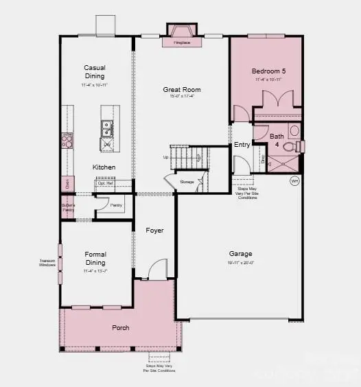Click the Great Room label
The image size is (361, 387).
182,90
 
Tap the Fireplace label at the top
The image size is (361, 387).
182,43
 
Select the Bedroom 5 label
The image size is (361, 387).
268,71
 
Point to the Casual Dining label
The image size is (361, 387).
95,72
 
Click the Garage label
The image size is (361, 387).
240,253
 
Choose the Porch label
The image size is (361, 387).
121,327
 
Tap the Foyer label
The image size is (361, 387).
155,231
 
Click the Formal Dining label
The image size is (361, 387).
95,258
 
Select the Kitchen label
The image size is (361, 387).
104,167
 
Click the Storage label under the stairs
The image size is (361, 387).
187,182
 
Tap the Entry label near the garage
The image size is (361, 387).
242,145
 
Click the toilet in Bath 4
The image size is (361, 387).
292,146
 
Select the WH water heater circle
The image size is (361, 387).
294,181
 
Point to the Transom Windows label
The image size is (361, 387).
47,262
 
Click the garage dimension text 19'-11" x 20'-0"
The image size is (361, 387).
240,262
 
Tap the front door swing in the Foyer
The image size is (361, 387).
157,268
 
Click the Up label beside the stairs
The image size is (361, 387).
165,157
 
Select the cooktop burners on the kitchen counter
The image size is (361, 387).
67,140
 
